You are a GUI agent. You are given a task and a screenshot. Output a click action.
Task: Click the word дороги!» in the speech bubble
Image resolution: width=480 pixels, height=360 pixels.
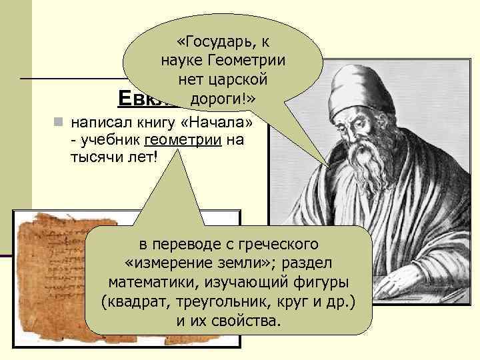(x=223, y=99)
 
